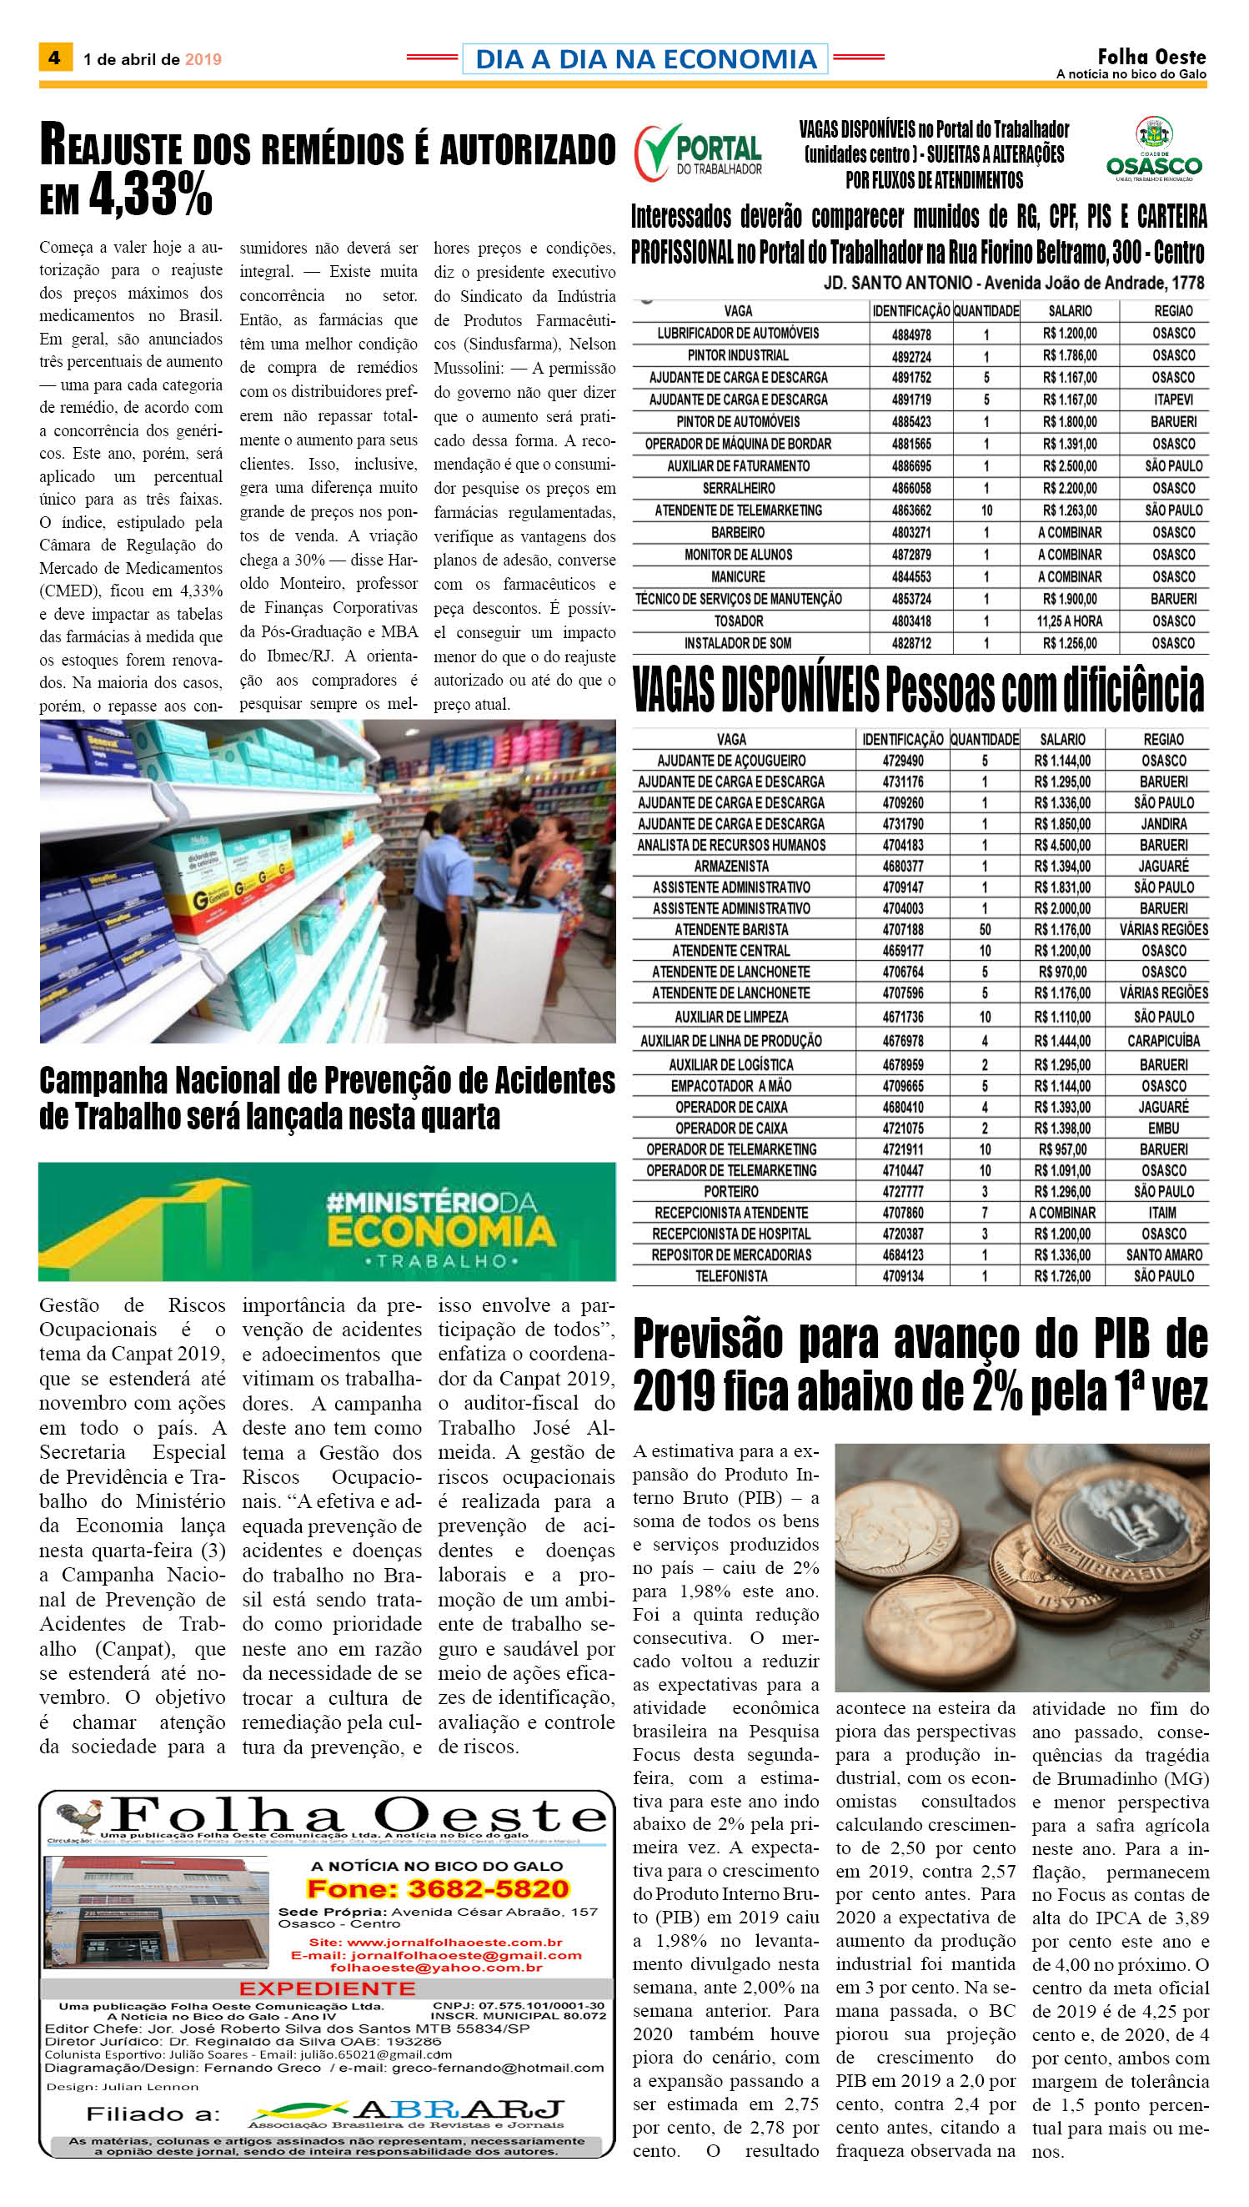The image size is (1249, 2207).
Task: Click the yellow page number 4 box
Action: point(55,58)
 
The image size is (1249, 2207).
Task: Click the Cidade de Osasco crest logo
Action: point(1154,149)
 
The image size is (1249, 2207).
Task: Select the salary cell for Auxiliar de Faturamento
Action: point(1070,466)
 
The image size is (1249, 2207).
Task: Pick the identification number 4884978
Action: point(911,334)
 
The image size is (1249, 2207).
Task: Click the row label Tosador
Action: point(738,621)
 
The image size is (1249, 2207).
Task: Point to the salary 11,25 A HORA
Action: point(1070,621)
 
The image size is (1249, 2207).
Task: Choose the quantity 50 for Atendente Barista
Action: point(985,929)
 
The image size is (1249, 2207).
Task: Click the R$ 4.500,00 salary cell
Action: point(1062,845)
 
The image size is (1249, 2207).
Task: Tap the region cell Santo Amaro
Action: point(1164,1254)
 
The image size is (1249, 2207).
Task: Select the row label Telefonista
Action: point(731,1276)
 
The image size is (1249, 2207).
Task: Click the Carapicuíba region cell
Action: point(1164,1041)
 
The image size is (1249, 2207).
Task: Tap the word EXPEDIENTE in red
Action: point(327,1988)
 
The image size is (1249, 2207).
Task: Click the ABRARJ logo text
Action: point(459,2109)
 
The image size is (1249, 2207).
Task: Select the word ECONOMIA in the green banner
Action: point(441,1232)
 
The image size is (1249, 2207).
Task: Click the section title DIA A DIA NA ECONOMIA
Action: point(645,58)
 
